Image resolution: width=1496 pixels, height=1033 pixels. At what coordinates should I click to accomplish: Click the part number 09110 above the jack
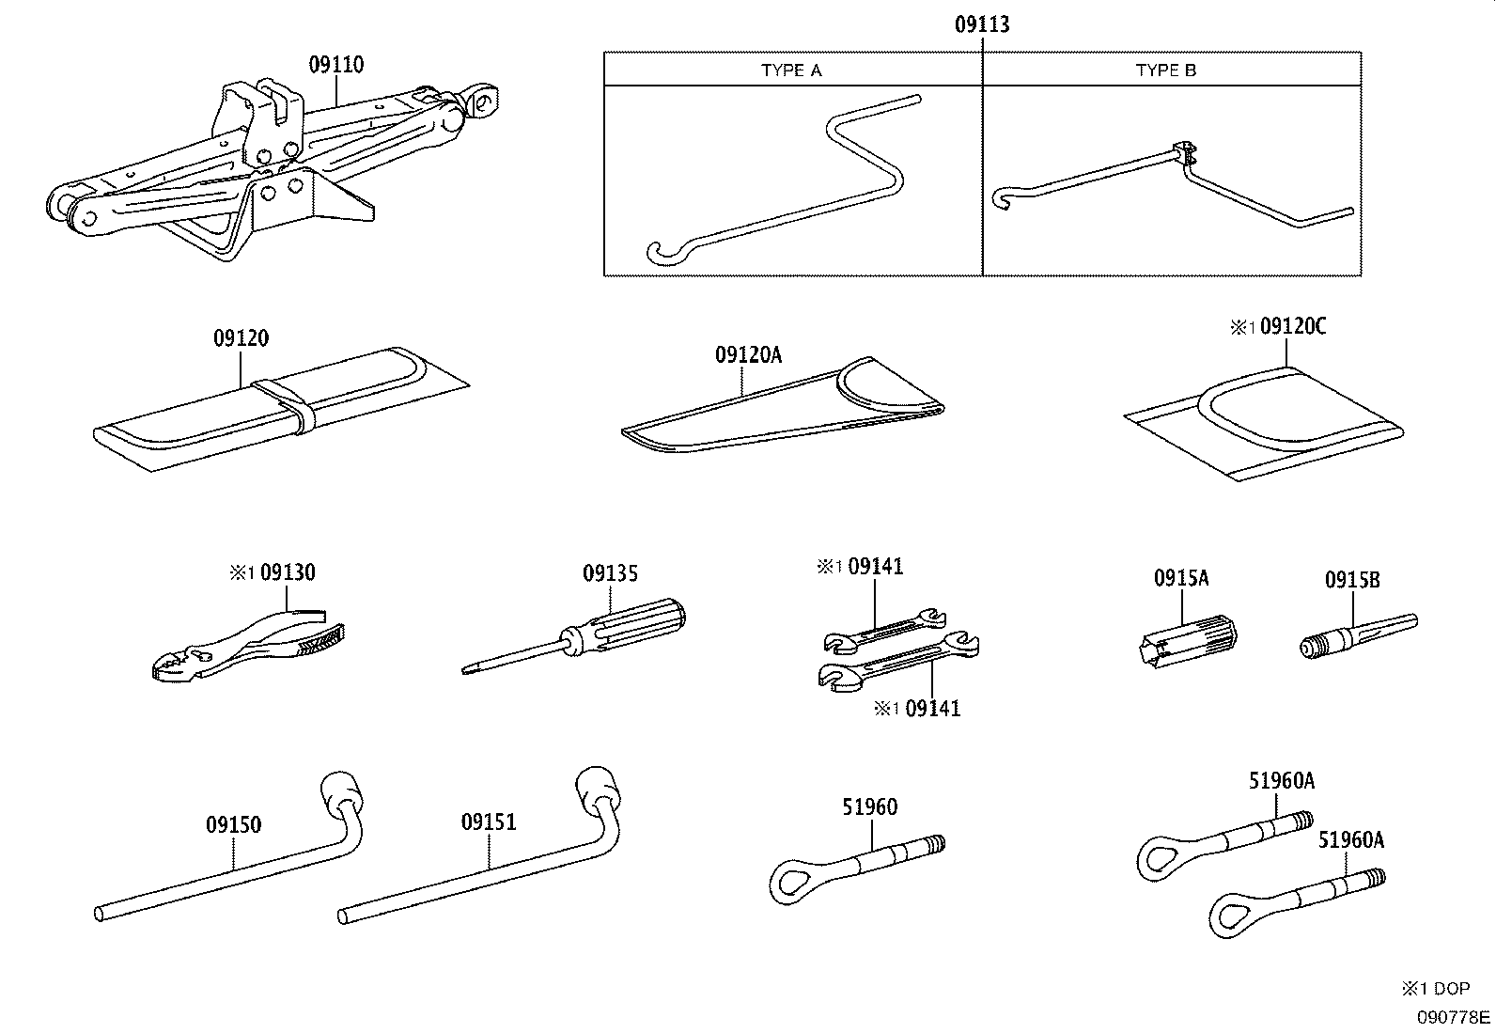click(x=335, y=65)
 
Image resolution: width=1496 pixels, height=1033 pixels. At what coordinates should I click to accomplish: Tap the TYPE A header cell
click(x=791, y=70)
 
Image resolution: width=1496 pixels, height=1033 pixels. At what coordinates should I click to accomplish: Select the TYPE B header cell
click(x=1165, y=70)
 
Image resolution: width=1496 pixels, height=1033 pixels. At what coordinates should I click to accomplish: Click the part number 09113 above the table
click(x=982, y=25)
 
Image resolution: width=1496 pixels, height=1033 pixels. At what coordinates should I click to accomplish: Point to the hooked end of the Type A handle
click(x=658, y=252)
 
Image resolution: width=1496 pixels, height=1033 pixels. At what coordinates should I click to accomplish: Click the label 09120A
click(x=748, y=354)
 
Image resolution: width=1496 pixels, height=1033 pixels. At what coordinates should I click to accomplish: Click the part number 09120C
click(x=1293, y=326)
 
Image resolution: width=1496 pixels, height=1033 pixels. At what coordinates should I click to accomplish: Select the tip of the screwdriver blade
click(x=467, y=670)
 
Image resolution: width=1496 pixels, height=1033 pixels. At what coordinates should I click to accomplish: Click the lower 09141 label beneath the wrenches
click(x=932, y=709)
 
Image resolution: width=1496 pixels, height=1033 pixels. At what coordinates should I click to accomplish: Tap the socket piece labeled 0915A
click(x=1186, y=636)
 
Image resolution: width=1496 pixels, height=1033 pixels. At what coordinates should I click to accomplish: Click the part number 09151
click(x=489, y=822)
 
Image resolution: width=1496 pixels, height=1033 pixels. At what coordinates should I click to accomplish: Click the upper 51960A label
click(x=1281, y=780)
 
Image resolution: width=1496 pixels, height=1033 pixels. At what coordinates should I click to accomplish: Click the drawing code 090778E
click(x=1454, y=1017)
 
